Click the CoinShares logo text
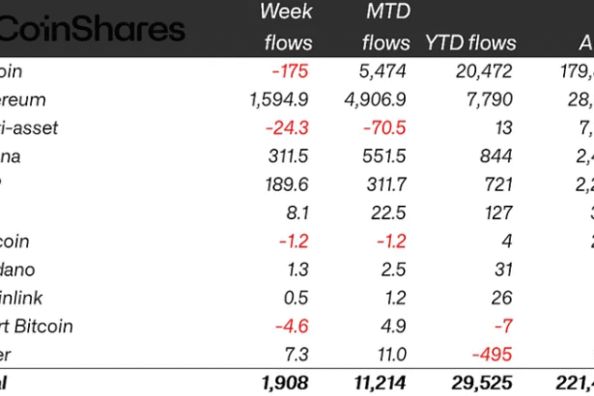[92, 28]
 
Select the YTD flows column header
[470, 43]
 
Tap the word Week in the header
[287, 13]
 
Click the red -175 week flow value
[292, 71]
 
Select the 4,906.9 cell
[378, 99]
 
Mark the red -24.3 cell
[289, 127]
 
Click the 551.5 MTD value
[384, 156]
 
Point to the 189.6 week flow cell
[287, 184]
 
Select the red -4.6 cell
[294, 327]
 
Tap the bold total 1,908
[287, 383]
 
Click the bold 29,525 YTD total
[479, 383]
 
